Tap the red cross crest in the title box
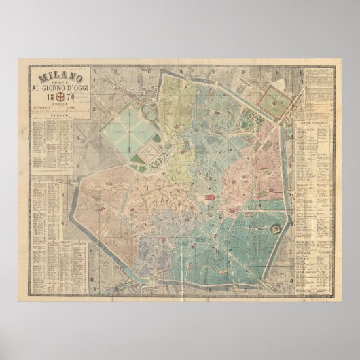60,97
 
